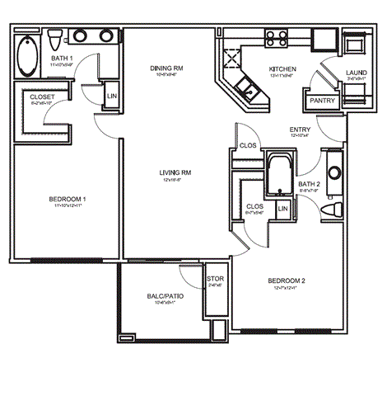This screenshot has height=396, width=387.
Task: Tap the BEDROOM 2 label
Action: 287,281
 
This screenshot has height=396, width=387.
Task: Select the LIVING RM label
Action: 175,172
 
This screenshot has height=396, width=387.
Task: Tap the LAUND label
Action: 357,73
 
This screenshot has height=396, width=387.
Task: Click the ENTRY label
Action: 300,130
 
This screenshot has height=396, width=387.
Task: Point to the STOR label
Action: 215,278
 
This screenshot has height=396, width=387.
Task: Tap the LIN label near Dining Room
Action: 112,97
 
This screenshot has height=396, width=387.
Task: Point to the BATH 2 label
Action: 308,183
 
